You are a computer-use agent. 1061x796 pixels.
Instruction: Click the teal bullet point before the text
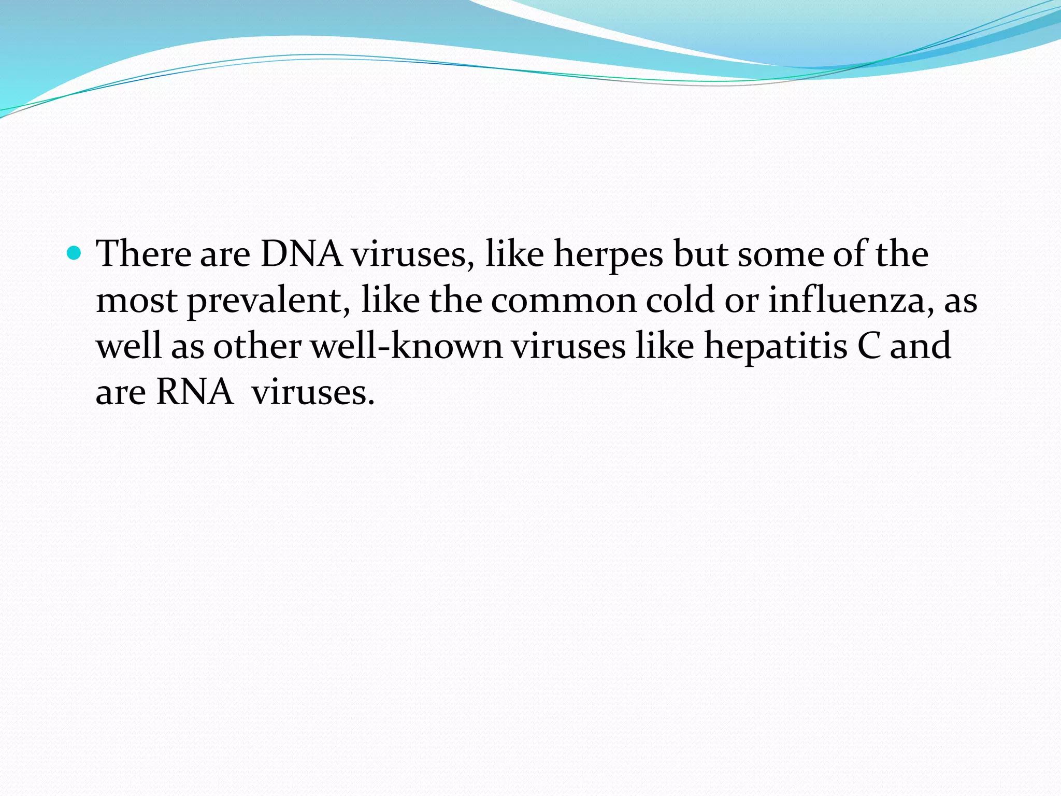point(75,253)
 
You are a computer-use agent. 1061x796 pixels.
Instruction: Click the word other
point(257,346)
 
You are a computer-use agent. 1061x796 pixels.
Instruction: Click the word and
point(921,346)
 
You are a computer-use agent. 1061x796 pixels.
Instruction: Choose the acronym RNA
point(195,392)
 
